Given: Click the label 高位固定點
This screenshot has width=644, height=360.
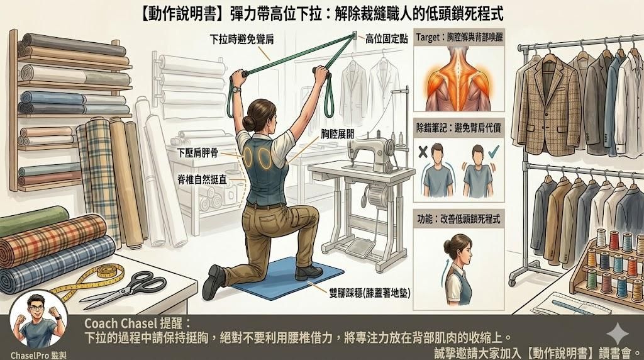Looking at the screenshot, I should click(x=387, y=39).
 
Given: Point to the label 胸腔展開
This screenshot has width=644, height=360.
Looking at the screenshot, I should click(x=333, y=133).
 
